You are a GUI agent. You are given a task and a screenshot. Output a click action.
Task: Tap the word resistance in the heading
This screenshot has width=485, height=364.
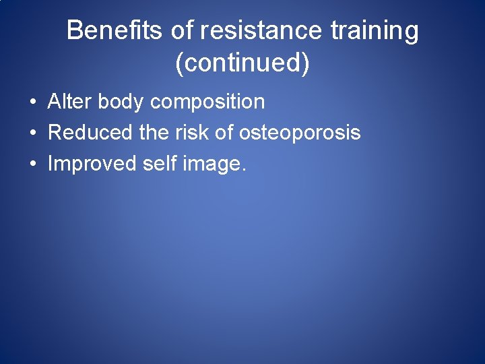(247, 30)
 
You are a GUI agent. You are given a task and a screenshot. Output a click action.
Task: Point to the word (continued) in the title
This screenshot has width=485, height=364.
(243, 63)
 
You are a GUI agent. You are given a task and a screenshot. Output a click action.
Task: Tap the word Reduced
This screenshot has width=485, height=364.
(90, 133)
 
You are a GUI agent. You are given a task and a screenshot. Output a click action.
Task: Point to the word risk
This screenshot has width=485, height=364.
(193, 133)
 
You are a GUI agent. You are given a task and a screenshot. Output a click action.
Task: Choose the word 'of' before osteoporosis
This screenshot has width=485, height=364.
(225, 133)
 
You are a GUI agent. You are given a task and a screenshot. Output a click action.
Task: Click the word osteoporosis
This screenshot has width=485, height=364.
(300, 133)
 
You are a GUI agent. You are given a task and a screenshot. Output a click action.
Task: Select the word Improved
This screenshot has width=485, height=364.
(92, 164)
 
